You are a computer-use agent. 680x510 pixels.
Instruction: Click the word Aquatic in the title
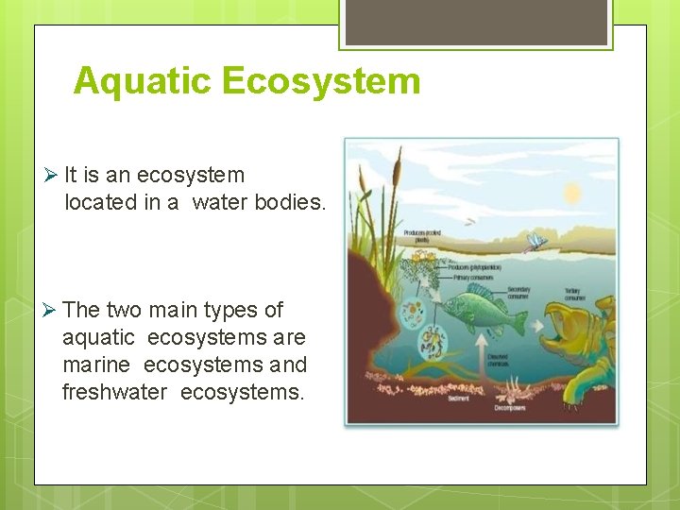tap(143, 81)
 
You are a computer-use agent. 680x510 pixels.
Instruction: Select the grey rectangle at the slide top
tap(476, 22)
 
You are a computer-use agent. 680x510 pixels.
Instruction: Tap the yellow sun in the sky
tap(572, 195)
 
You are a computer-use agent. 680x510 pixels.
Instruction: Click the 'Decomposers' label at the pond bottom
tap(510, 407)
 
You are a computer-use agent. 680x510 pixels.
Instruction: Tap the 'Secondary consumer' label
tap(518, 292)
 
